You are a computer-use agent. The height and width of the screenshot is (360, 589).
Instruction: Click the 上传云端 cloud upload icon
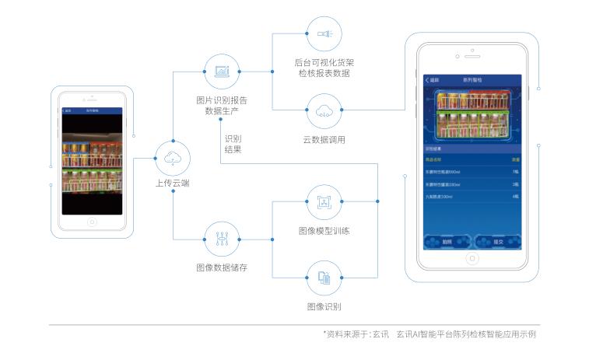coord(172,158)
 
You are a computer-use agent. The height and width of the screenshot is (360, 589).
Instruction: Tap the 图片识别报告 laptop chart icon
coord(222,72)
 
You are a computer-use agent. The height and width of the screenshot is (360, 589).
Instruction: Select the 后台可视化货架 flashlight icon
coord(324,33)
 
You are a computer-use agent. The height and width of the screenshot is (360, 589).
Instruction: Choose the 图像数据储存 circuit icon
coord(222,240)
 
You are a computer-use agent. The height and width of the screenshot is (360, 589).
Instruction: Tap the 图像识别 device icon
coord(324,278)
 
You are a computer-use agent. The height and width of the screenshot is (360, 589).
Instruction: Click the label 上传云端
coord(172,184)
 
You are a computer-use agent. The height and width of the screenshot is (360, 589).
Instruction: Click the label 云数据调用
coord(324,140)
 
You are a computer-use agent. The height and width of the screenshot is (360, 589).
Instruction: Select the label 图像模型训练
coord(324,231)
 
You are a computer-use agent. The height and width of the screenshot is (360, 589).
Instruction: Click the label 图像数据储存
coord(222,268)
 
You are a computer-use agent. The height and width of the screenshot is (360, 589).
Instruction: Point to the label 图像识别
coord(324,306)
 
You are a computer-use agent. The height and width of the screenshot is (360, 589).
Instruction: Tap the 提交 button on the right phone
coord(497,241)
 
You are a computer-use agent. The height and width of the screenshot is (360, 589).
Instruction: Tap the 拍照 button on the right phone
coord(447,241)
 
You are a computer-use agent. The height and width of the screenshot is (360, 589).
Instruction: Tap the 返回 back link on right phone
coord(433,81)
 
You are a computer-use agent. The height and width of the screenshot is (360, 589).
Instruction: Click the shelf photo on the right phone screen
coord(472,114)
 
